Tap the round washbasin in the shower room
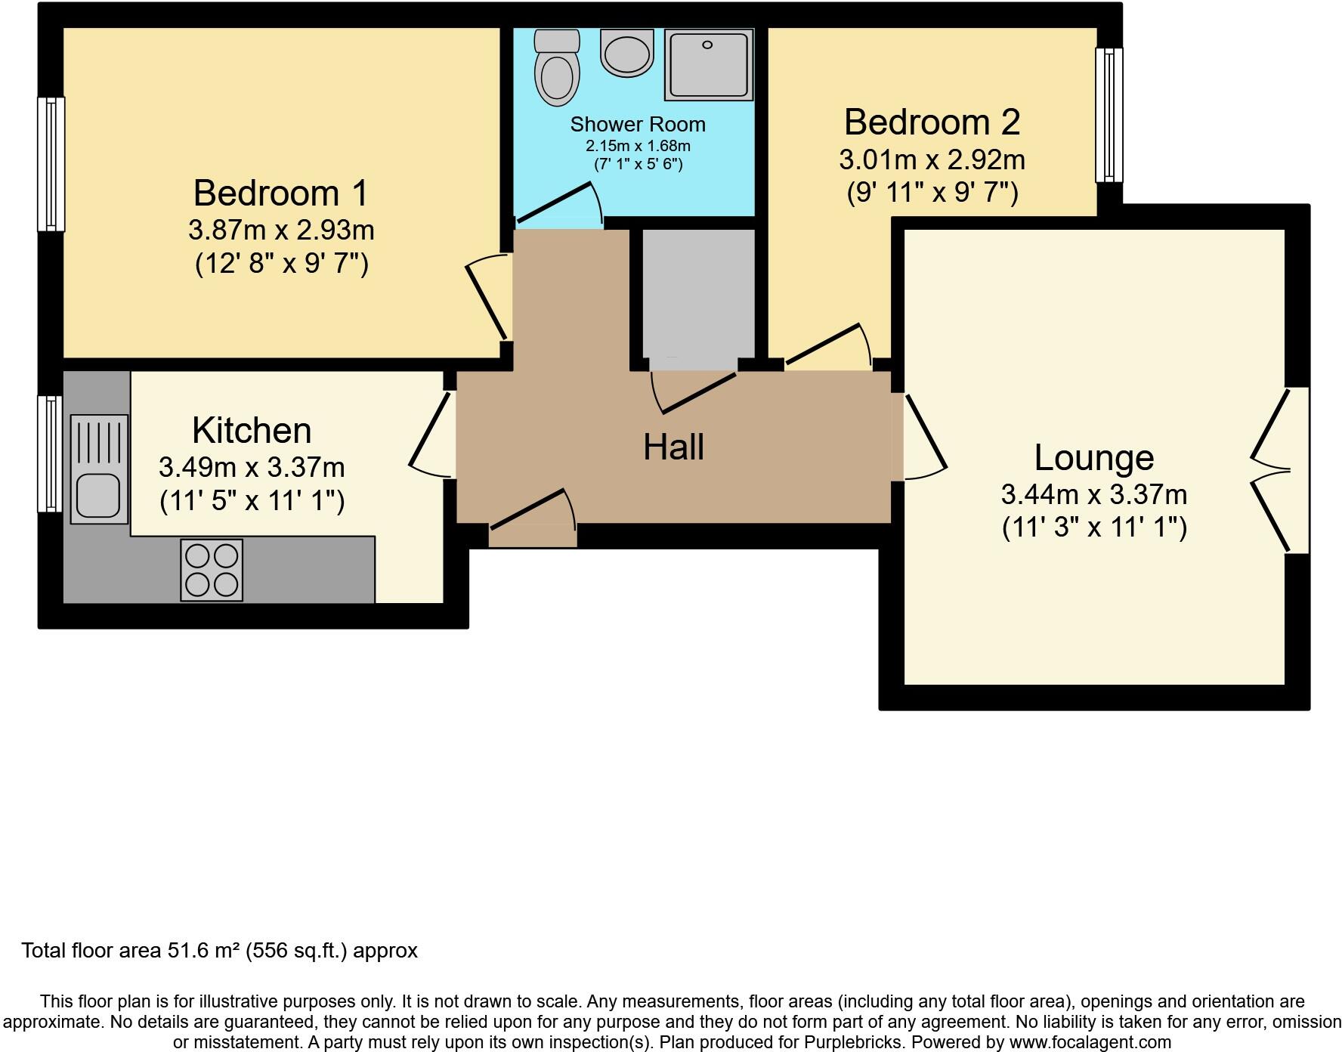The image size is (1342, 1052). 626,53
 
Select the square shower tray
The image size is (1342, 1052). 709,65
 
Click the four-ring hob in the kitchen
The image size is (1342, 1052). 212,571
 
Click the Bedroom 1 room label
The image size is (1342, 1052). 281,193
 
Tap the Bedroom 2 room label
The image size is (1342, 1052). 932,122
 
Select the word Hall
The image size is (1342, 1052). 673,447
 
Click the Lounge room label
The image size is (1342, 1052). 1093,458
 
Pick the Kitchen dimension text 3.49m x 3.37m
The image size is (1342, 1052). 252,468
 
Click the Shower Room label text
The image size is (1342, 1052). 638,125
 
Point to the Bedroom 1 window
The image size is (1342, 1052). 51,164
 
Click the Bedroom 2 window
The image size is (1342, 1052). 1109,115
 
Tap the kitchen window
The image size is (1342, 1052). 51,454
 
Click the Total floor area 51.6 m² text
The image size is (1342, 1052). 219,951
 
